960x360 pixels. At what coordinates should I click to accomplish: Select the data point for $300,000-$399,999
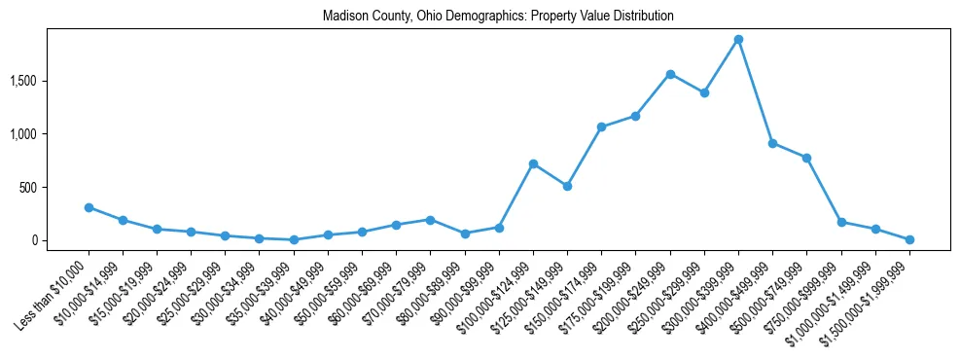coord(738,40)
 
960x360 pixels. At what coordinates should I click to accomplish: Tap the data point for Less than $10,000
coord(89,207)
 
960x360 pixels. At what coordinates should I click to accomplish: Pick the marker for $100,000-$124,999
coord(533,163)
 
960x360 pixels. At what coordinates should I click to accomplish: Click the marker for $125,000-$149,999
coord(567,186)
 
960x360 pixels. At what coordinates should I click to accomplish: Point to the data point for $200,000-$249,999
coord(670,74)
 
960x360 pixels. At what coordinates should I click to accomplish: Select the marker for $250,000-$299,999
coord(704,92)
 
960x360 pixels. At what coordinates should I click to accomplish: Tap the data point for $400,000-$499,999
coord(772,143)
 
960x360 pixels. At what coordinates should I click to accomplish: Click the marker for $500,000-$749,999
coord(806,158)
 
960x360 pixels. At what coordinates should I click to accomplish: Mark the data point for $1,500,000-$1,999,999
coord(909,239)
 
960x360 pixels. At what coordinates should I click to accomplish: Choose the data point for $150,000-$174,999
coord(601,127)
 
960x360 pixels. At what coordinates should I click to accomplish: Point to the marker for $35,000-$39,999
coord(294,239)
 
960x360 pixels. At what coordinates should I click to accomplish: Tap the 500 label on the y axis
coord(53,187)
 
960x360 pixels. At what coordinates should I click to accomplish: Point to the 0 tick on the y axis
coord(59,240)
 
